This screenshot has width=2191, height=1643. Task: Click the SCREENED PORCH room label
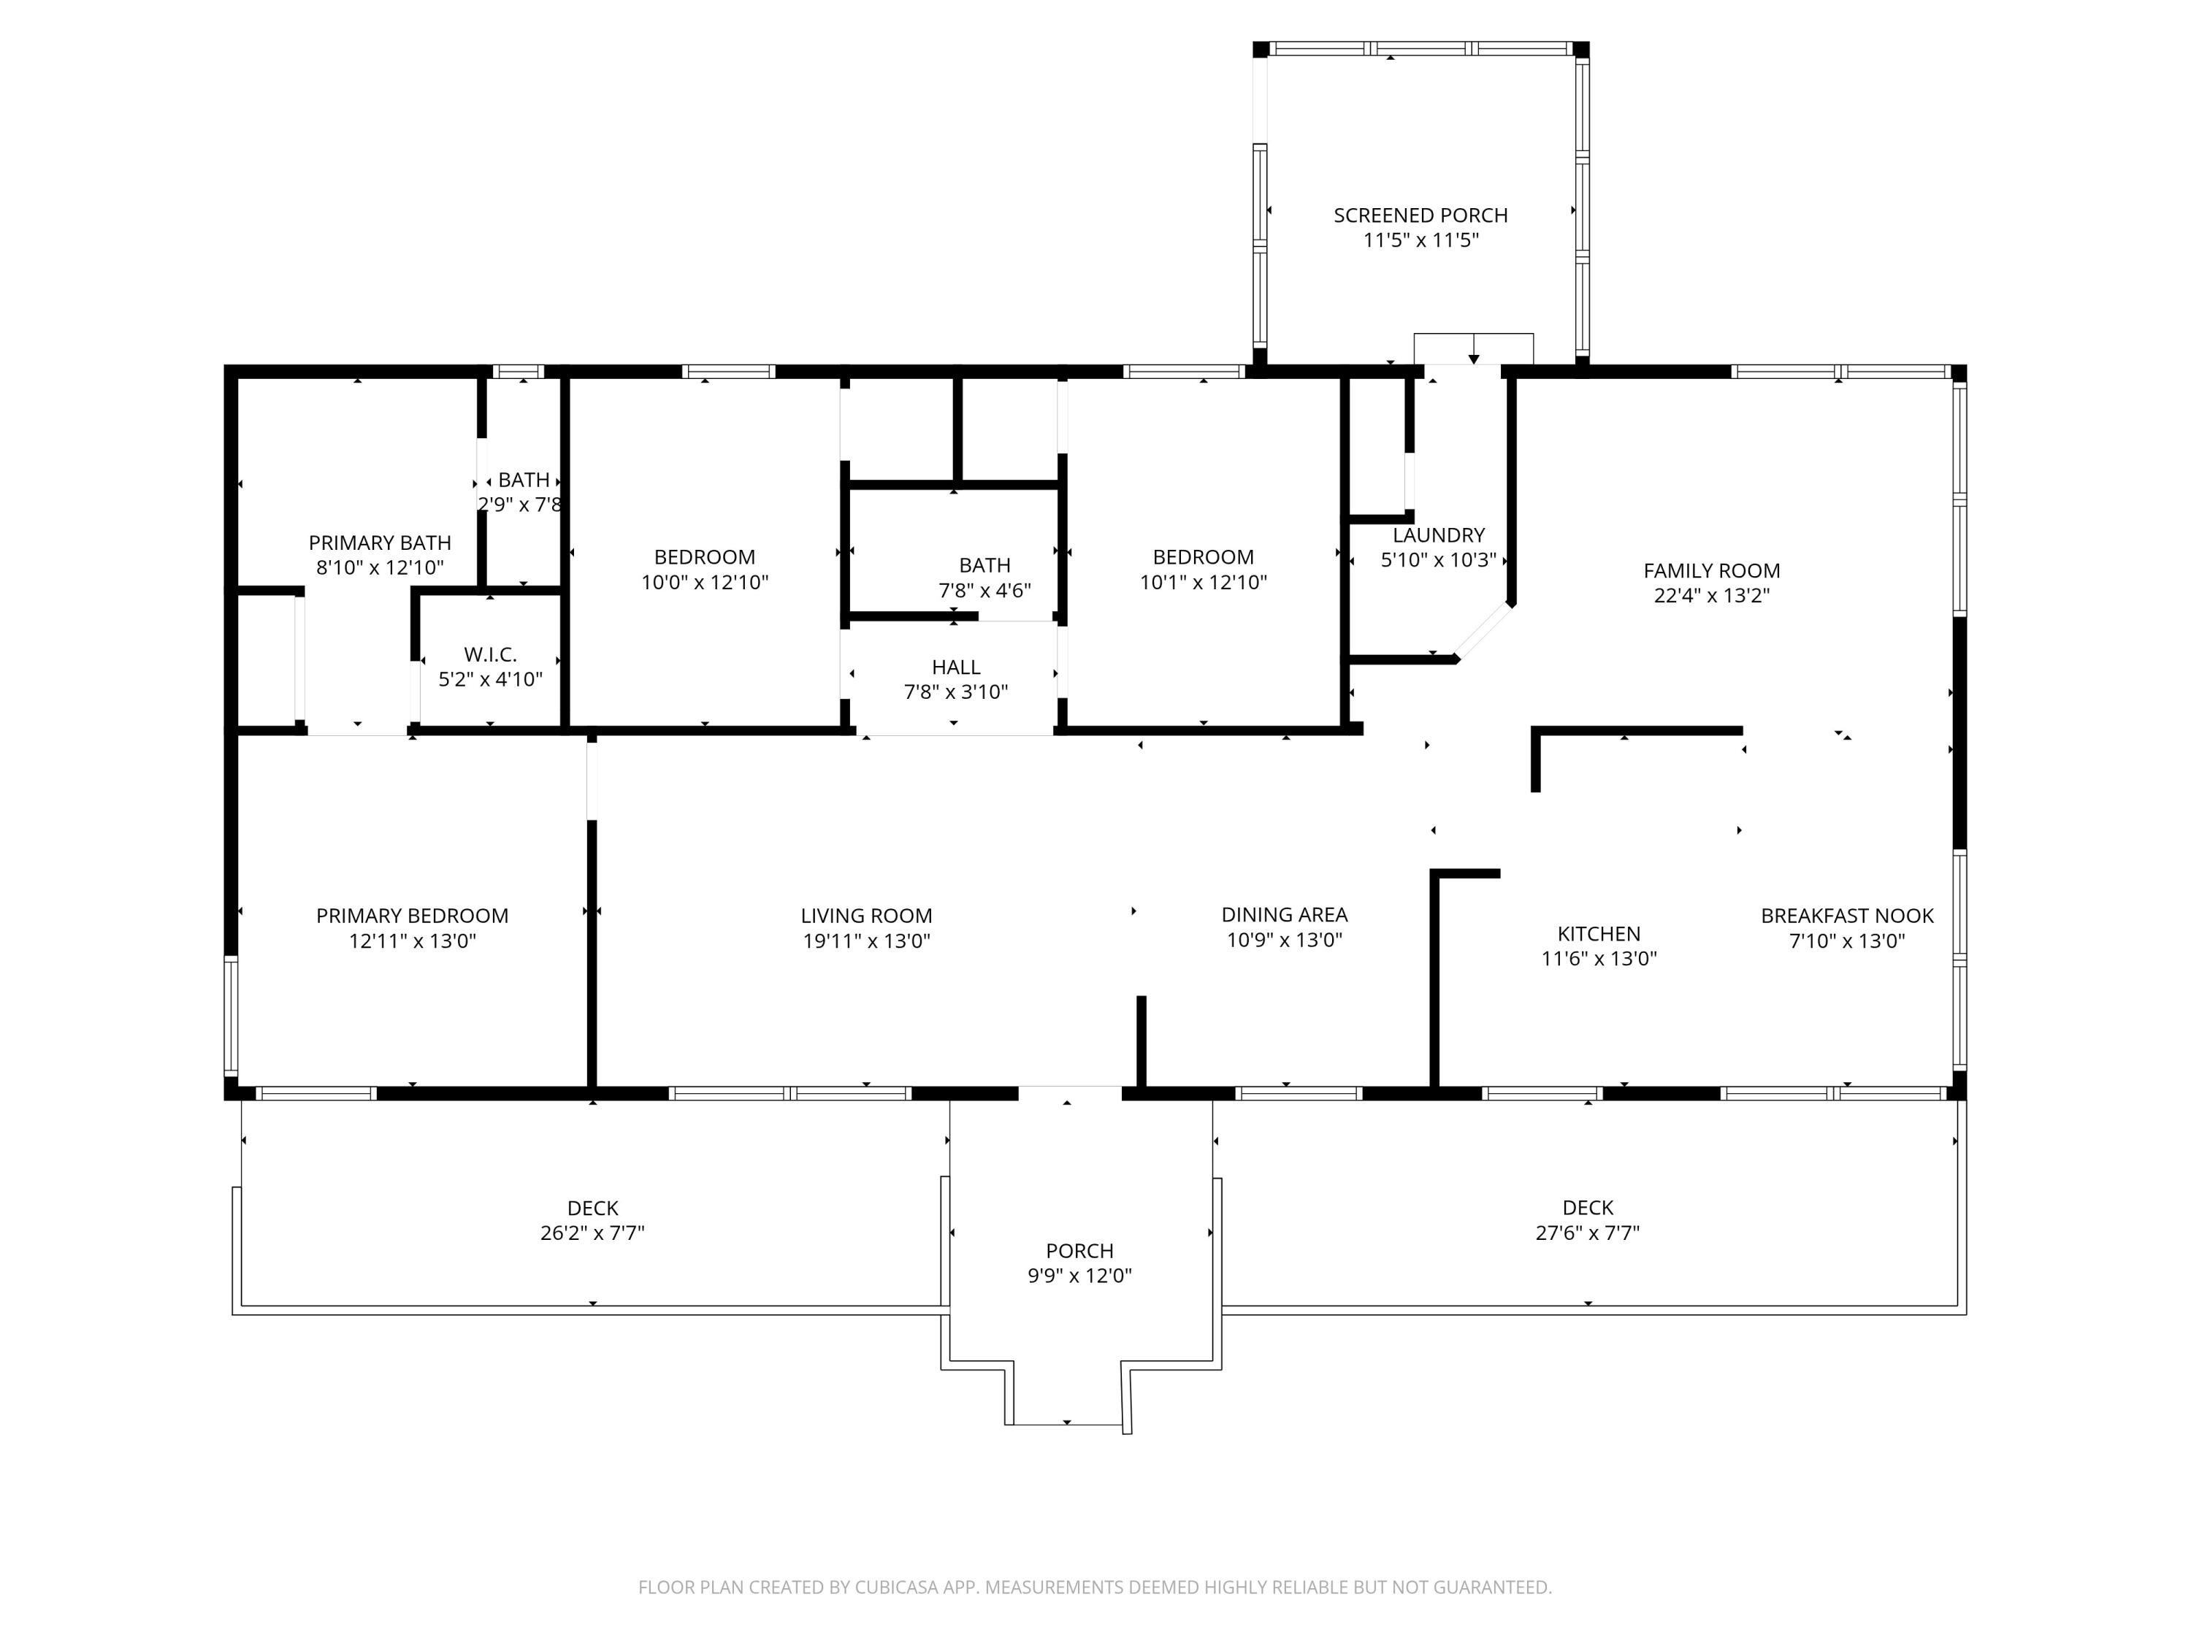pos(1420,215)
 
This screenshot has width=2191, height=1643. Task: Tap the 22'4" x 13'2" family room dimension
pos(1712,595)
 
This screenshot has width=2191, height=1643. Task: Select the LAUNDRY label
pos(1438,535)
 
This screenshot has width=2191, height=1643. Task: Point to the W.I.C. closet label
pos(490,654)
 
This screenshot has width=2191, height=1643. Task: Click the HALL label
pos(956,667)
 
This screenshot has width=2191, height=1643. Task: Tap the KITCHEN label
pos(1599,933)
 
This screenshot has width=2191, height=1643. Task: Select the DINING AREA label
pos(1284,914)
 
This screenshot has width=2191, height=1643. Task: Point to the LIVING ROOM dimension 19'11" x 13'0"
pos(867,941)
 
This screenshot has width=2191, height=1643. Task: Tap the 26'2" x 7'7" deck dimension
pos(592,1233)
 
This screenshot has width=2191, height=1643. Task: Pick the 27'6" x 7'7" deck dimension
pos(1588,1233)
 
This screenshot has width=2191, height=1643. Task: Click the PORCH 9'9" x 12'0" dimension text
pos(1079,1276)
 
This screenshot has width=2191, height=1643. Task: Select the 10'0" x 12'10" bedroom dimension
pos(704,582)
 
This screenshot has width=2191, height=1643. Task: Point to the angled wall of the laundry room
pos(1483,631)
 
